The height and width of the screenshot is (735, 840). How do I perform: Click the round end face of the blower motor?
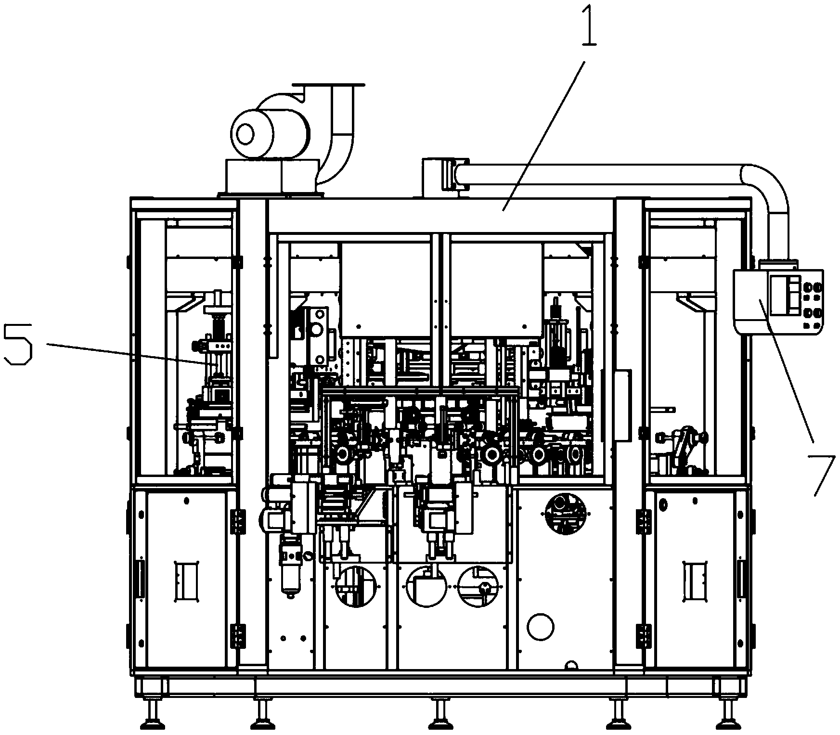(246, 131)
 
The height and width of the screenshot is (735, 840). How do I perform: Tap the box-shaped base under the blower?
(271, 177)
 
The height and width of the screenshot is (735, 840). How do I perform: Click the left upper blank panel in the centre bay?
(386, 288)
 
